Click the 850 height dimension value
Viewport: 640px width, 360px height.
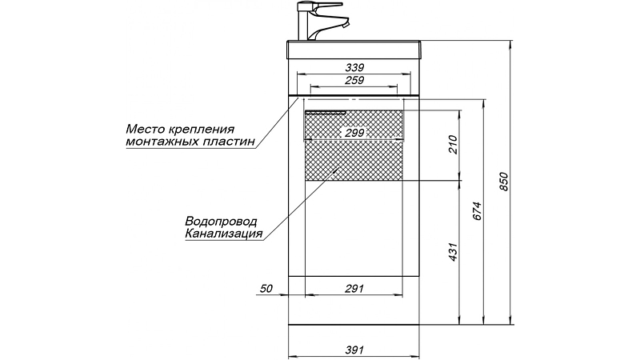coord(504,182)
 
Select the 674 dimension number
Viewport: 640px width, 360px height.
coord(477,211)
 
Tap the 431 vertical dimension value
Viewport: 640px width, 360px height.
coord(453,252)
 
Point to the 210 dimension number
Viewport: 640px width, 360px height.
coord(453,145)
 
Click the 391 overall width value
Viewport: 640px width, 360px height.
coord(354,350)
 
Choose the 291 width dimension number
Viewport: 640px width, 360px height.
coord(354,289)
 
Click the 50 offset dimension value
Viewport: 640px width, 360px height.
coord(266,289)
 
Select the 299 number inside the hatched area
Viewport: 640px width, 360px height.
coord(354,133)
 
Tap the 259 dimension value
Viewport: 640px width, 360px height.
coord(354,81)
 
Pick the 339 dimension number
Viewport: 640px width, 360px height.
coord(354,67)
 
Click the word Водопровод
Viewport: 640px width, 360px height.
coord(222,222)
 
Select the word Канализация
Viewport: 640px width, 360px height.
coord(224,234)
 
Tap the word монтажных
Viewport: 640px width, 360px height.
coord(162,142)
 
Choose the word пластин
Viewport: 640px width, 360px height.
coord(229,142)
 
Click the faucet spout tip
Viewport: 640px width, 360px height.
coord(346,25)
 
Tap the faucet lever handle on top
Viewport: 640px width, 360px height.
coord(326,6)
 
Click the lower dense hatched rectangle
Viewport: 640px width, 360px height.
coord(354,160)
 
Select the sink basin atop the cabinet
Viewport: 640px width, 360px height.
coord(354,50)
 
